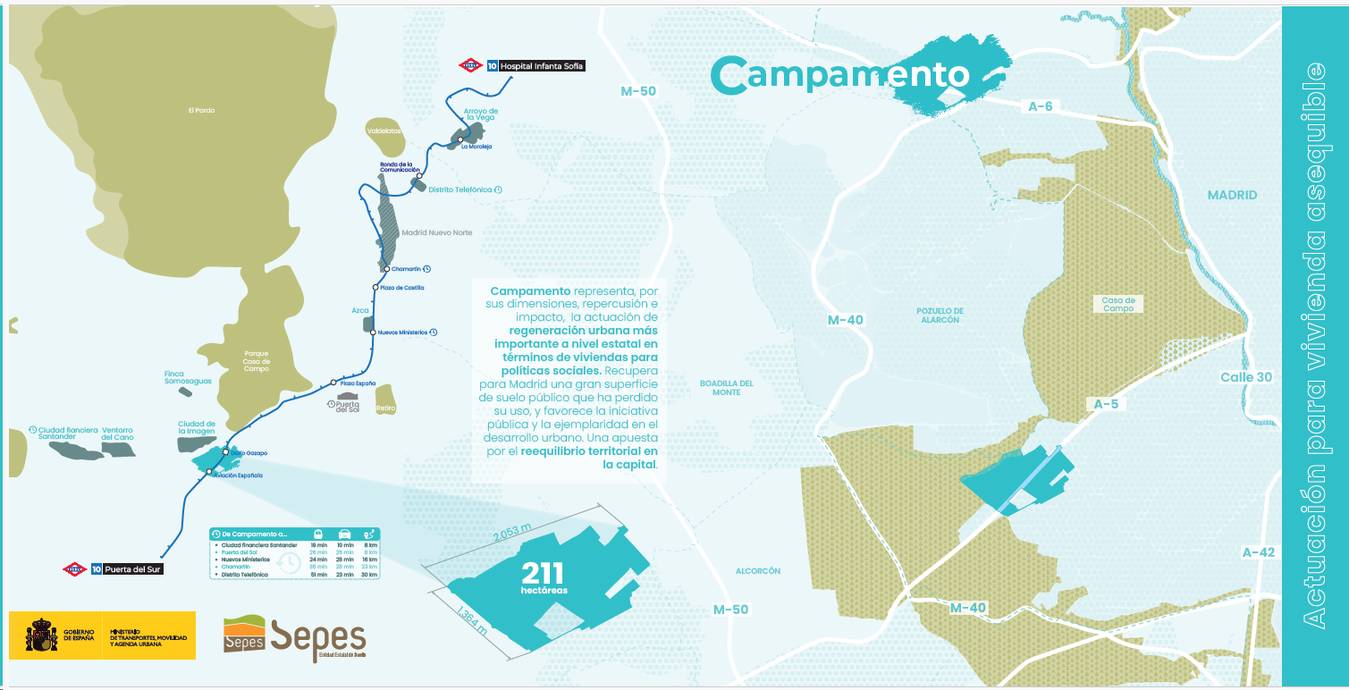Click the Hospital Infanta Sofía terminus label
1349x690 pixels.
tap(542, 66)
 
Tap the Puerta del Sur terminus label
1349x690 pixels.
tap(133, 568)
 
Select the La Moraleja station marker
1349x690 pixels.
tap(460, 140)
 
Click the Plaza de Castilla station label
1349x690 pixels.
tap(401, 288)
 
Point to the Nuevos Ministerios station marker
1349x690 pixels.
tap(372, 332)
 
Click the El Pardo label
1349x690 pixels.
tap(201, 111)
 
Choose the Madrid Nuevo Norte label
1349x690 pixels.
tap(436, 232)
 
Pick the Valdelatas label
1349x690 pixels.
tap(384, 131)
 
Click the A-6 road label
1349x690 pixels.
tap(1040, 106)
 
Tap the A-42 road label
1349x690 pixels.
tap(1258, 552)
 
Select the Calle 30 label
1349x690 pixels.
tap(1245, 377)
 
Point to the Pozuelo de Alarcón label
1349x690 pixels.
tap(940, 315)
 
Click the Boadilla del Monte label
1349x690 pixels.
tap(727, 388)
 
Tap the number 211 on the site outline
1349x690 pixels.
tap(543, 573)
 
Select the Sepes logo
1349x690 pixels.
tap(294, 637)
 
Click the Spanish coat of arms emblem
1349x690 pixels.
tap(41, 635)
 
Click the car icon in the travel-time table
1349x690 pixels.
tap(344, 534)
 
